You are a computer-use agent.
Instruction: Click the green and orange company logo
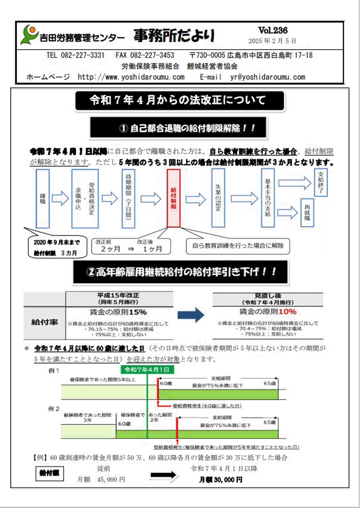point(29,35)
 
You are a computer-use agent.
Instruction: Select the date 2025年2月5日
point(273,41)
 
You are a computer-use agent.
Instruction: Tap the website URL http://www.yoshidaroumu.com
point(131,77)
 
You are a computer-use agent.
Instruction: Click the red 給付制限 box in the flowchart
point(174,198)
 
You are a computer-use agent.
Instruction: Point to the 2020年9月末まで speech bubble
point(53,247)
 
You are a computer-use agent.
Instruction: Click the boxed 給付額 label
point(49,474)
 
